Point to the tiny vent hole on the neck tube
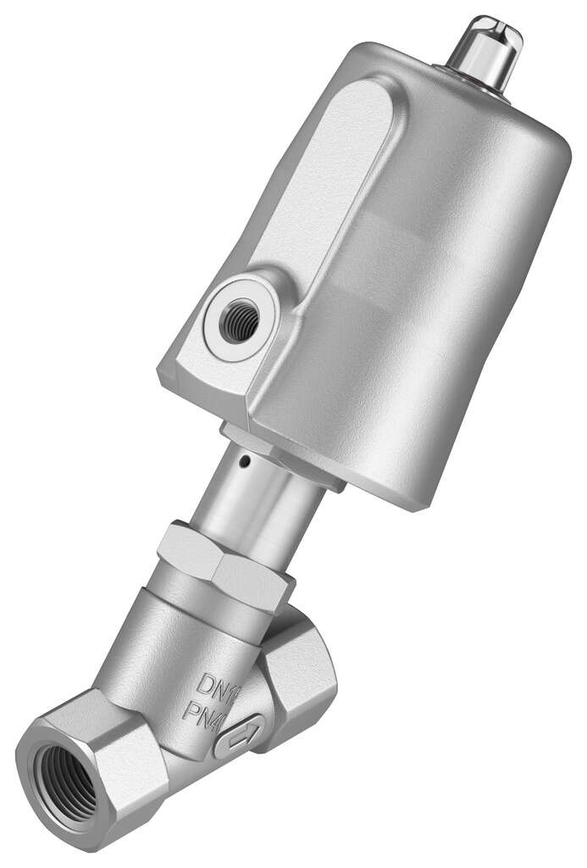click(x=244, y=463)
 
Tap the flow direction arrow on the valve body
click(x=240, y=738)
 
